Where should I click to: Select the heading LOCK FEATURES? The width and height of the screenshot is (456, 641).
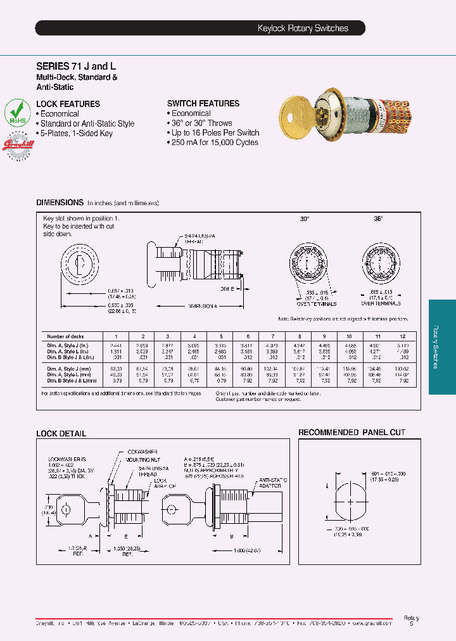coord(68,104)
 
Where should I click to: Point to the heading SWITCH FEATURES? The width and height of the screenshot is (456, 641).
coord(203,103)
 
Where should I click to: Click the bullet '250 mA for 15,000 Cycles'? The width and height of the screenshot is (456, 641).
coord(215,143)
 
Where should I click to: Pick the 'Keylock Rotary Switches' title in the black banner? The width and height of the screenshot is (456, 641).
coord(303,29)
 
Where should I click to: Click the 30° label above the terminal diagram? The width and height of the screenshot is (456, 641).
coord(304,219)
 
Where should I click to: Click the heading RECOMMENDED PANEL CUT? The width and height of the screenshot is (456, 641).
coord(351,433)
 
